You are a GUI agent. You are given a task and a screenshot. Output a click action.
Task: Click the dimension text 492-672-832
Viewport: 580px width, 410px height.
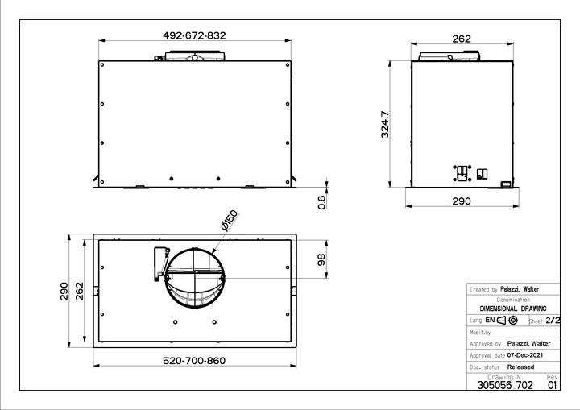(x=194, y=35)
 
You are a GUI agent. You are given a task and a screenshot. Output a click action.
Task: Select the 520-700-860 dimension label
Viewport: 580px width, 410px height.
(x=194, y=360)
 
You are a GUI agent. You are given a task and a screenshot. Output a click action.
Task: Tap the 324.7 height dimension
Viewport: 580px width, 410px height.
(x=385, y=124)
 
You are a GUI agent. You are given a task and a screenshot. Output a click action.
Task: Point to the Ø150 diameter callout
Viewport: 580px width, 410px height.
(x=229, y=221)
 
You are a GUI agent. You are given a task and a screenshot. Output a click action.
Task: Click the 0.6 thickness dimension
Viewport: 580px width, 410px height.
(x=321, y=202)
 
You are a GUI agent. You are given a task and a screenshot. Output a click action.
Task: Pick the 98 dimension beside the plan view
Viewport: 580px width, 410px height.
(x=321, y=259)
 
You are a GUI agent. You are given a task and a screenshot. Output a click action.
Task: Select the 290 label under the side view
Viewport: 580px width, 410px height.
(x=462, y=201)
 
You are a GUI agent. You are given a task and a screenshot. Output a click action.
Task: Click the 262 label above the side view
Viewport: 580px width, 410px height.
(x=462, y=39)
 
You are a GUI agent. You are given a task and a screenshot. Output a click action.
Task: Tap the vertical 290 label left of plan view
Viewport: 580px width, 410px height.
(x=64, y=292)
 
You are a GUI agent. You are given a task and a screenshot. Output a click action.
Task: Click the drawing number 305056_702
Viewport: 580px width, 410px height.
(x=505, y=385)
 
